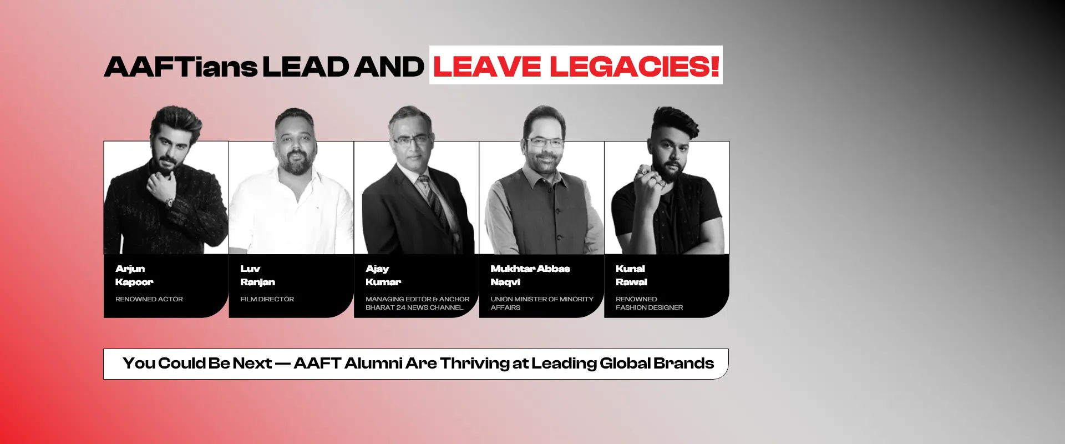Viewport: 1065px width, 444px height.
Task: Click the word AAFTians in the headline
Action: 181,67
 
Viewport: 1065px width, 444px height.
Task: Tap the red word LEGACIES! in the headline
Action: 635,67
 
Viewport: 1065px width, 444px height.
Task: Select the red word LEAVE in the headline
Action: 487,67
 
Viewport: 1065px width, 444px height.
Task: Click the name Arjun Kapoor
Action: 134,275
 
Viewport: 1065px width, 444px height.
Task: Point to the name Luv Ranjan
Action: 257,275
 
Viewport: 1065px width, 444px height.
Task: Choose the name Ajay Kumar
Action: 383,275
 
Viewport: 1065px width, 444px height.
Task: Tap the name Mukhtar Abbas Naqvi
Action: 530,275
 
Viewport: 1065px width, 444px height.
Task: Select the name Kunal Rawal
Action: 631,275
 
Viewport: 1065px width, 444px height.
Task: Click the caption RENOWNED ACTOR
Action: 149,299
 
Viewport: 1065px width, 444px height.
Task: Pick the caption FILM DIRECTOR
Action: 267,299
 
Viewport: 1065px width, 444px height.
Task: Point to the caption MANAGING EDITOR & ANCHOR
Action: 418,299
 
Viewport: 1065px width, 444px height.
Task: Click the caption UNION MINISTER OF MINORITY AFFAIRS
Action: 542,303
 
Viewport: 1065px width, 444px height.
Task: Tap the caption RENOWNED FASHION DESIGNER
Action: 650,303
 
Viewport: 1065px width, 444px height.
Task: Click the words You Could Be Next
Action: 197,364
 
